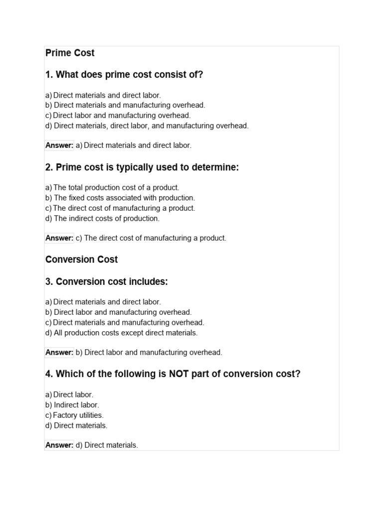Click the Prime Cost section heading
[x=70, y=53]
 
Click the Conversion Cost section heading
[x=82, y=259]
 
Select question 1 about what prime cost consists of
[x=124, y=75]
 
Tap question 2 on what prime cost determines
[x=142, y=167]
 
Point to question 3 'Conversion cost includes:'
[x=107, y=282]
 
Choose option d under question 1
[x=147, y=126]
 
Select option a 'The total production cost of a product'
[x=112, y=188]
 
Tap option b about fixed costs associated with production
[x=120, y=198]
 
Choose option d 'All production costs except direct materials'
[x=121, y=333]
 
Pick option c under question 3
[x=125, y=322]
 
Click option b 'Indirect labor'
[x=72, y=405]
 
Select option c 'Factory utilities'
[x=74, y=415]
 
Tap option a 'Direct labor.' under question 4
[x=69, y=394]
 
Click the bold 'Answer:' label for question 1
[x=59, y=145]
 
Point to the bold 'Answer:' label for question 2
[x=59, y=238]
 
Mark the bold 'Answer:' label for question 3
[x=59, y=353]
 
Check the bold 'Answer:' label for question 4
[x=59, y=445]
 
